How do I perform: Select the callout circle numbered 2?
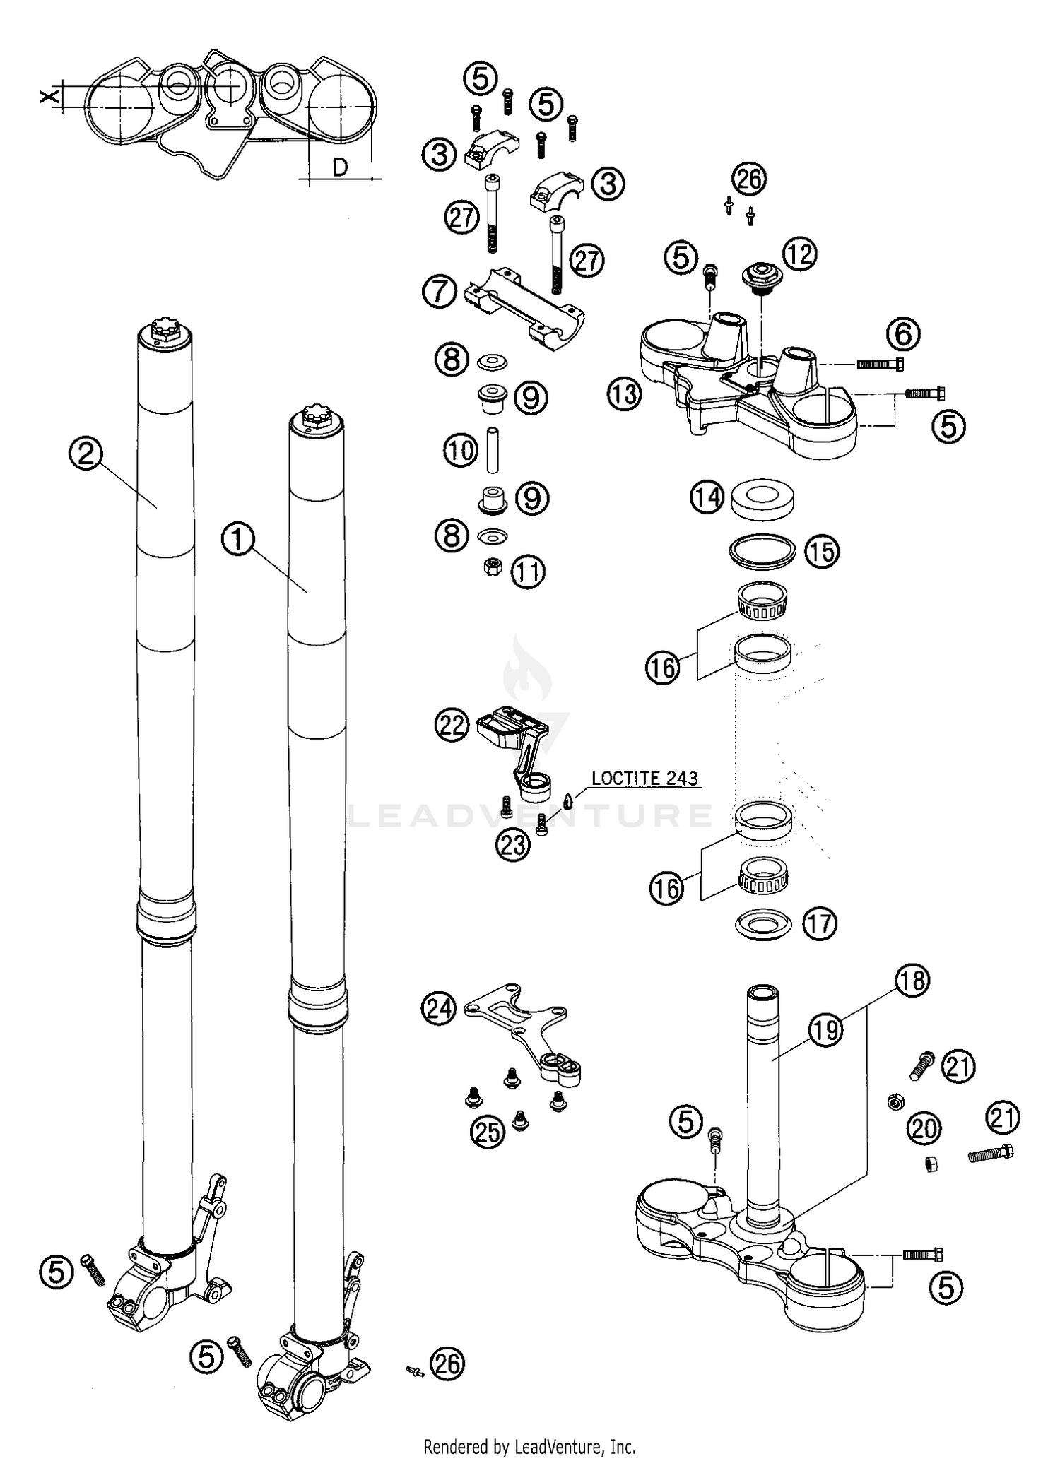(x=86, y=454)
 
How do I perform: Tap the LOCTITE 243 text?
(x=644, y=779)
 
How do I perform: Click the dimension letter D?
(x=340, y=167)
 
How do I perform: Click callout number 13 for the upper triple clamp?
(x=625, y=394)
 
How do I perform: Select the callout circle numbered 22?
(x=453, y=726)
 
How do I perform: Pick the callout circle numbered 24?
(x=439, y=1008)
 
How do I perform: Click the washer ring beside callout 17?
(x=762, y=924)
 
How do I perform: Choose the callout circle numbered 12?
(x=799, y=254)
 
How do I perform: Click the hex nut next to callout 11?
(x=492, y=566)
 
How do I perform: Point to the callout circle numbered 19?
(x=825, y=1030)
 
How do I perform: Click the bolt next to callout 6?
(x=881, y=365)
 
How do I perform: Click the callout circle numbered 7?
(x=440, y=291)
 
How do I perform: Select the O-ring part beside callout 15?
(x=762, y=550)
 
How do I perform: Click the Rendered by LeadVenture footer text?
(x=529, y=1447)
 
